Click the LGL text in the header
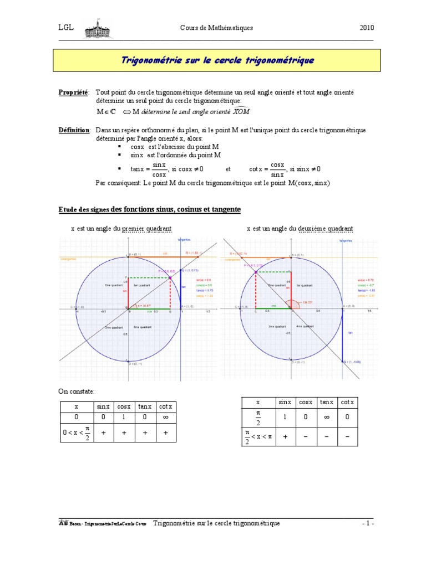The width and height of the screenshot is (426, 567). coord(67,28)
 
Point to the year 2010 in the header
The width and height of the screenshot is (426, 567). coord(367,28)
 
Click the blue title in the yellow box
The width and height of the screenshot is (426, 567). coord(217,60)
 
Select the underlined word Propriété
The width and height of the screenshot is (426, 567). coord(73,91)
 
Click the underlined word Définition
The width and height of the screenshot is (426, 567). coord(74,130)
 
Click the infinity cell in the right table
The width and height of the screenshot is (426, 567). coord(327,418)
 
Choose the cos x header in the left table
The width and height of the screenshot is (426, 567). coord(124,406)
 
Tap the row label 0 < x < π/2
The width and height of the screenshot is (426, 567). coord(77,435)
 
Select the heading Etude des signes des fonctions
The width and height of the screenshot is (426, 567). coord(150,209)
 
